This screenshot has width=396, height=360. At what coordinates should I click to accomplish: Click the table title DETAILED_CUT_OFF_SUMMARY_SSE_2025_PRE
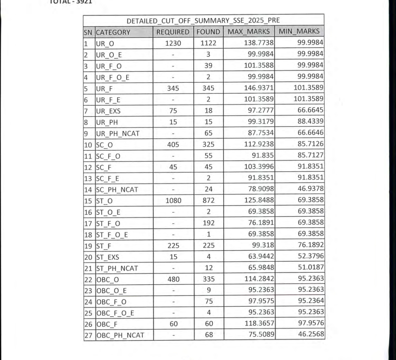coord(203,20)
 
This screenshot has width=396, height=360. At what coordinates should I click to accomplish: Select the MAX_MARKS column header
coord(249,32)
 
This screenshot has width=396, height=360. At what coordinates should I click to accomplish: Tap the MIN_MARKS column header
coord(299,32)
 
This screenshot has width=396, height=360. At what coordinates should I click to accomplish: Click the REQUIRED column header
coord(173,32)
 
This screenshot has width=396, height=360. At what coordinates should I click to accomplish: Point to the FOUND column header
coord(208,32)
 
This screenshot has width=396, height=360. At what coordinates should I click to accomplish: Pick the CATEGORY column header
coord(113,32)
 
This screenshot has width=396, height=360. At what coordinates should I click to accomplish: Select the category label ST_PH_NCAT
coord(117,268)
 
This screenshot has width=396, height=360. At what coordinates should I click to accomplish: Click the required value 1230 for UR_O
coord(173,43)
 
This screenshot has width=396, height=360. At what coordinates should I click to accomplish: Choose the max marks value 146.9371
coord(259,88)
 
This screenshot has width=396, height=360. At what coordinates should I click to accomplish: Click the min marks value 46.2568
coord(311,334)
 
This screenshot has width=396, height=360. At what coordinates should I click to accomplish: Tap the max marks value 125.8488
coord(259,201)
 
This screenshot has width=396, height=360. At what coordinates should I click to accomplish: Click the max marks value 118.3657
coord(259,323)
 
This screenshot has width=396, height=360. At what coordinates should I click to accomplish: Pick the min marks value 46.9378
coord(311,189)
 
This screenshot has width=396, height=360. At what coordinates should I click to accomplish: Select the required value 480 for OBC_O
coord(173,279)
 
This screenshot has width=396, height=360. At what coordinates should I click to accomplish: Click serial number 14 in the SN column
coord(89,190)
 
